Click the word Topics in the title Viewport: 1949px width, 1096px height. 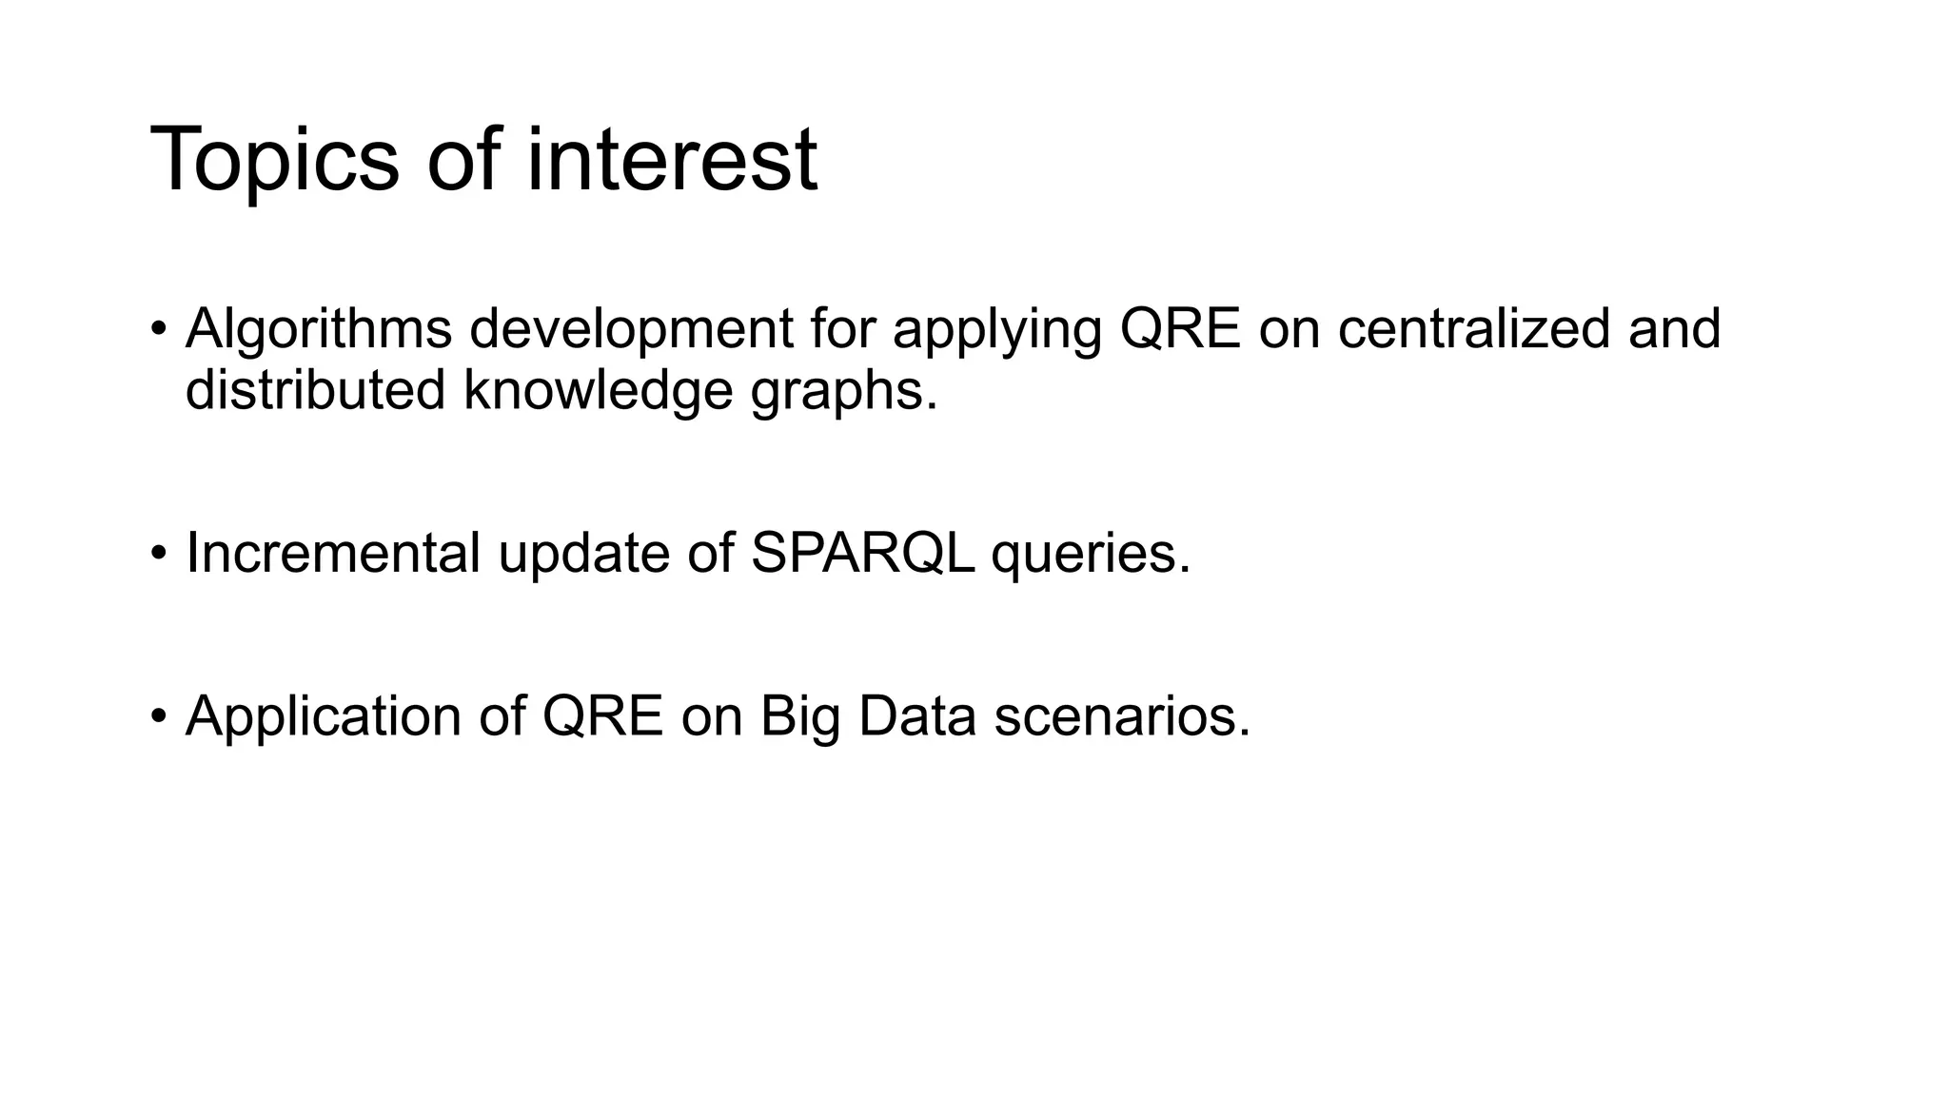pyautogui.click(x=274, y=160)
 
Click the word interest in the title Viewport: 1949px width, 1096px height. pyautogui.click(x=671, y=160)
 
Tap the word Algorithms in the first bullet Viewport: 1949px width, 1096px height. pyautogui.click(x=319, y=329)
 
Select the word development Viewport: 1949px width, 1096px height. pyautogui.click(x=631, y=329)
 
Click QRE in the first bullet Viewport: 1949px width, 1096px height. pyautogui.click(x=1180, y=329)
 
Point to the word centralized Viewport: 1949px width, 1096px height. pyautogui.click(x=1473, y=329)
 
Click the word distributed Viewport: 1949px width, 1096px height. pyautogui.click(x=315, y=390)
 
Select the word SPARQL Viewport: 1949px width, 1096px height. pyautogui.click(x=862, y=553)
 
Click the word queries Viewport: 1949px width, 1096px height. pyautogui.click(x=1091, y=555)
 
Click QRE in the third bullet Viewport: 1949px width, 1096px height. pyautogui.click(x=602, y=716)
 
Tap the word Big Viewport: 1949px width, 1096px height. pyautogui.click(x=799, y=716)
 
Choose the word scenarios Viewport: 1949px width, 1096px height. pyautogui.click(x=1122, y=716)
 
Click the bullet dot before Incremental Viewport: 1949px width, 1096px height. pyautogui.click(x=159, y=555)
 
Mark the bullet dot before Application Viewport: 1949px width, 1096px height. pyautogui.click(x=159, y=717)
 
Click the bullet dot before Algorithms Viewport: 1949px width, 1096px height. pyautogui.click(x=159, y=331)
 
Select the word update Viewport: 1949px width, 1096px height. pyautogui.click(x=583, y=553)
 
